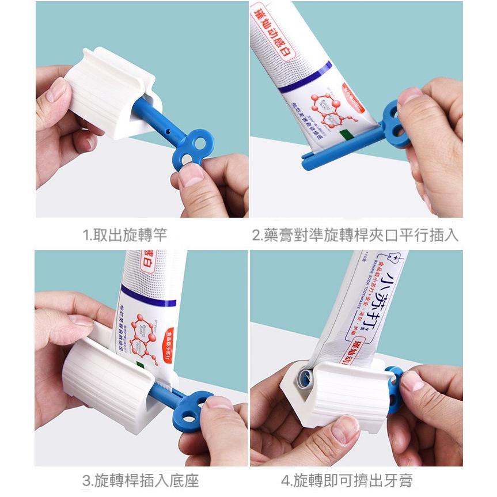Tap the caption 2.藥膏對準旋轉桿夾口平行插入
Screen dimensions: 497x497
point(355,235)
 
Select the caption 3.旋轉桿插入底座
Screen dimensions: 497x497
point(141,479)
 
